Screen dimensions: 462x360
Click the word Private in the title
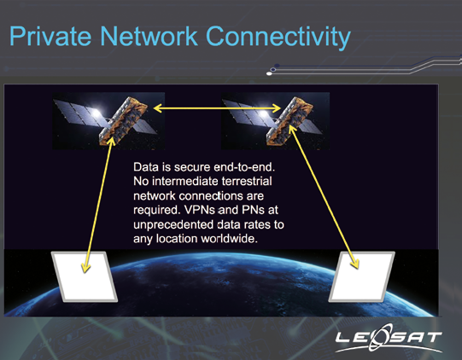pyautogui.click(x=50, y=36)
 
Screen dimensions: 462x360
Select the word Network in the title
pyautogui.click(x=149, y=36)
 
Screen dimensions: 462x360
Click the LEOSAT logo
pyautogui.click(x=389, y=338)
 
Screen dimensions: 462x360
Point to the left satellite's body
pyautogui.click(x=123, y=120)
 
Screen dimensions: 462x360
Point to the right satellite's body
pyautogui.click(x=290, y=120)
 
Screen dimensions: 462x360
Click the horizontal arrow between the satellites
pyautogui.click(x=217, y=108)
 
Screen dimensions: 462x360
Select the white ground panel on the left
pyautogui.click(x=85, y=276)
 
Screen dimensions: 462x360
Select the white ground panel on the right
pyautogui.click(x=362, y=276)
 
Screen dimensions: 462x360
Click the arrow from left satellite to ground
pyautogui.click(x=98, y=205)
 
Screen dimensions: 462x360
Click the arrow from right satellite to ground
pyautogui.click(x=324, y=197)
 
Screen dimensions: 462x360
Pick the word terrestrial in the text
pyautogui.click(x=247, y=181)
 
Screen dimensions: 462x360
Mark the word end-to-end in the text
pyautogui.click(x=244, y=167)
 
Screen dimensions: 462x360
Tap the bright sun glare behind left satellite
pyautogui.click(x=95, y=113)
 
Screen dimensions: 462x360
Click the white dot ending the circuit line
pyautogui.click(x=269, y=73)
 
